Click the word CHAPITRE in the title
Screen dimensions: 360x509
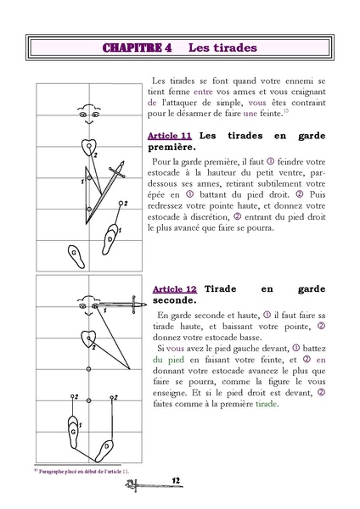[x=136, y=48]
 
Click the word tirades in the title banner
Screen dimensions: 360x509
[x=227, y=48]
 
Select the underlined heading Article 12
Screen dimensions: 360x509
[x=175, y=288]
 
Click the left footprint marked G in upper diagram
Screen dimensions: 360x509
[x=76, y=254]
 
